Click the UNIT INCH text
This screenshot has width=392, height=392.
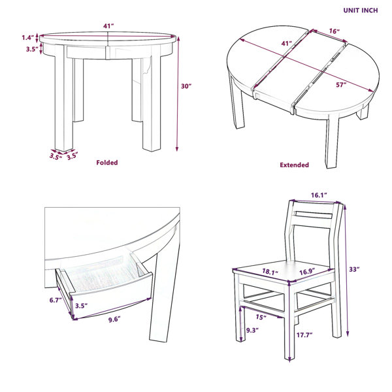tap(361, 10)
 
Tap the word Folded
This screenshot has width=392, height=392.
tap(107, 163)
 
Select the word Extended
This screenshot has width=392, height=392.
tap(294, 165)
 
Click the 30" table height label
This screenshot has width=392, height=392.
tap(186, 86)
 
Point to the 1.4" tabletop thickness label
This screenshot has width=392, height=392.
tap(27, 38)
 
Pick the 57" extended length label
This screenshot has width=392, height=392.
tap(341, 85)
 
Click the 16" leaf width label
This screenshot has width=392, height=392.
tap(335, 31)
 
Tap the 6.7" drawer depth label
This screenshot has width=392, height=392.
tap(56, 300)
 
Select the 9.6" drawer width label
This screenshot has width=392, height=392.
tap(114, 319)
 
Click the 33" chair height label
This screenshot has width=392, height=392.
tap(354, 269)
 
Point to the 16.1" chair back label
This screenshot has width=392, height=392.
tap(319, 195)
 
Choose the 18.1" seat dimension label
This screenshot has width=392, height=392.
tap(270, 272)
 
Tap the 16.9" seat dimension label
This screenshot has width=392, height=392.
tap(307, 271)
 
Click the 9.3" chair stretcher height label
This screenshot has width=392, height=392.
tap(252, 330)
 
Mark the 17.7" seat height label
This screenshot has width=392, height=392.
tap(304, 335)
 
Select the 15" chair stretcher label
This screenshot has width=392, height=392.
tap(261, 317)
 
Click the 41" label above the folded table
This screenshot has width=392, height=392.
tap(108, 25)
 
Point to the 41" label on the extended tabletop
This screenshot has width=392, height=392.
tap(287, 43)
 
